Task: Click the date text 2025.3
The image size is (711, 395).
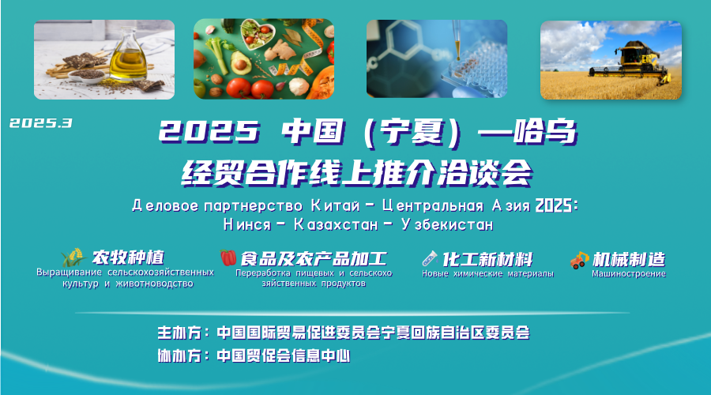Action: [41, 123]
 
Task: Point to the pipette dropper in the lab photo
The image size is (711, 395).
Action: [457, 41]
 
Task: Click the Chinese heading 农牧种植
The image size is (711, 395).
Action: [128, 258]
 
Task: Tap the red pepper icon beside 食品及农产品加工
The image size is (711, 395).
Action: [228, 258]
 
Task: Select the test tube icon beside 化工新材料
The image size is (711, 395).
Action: [430, 259]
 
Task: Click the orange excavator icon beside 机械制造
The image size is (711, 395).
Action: [579, 260]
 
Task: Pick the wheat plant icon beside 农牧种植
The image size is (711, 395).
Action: [73, 257]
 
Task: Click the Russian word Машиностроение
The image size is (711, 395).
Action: [629, 273]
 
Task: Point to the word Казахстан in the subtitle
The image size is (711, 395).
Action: [336, 224]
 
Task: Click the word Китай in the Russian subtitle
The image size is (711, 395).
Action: [335, 206]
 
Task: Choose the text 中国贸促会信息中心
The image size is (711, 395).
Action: [284, 355]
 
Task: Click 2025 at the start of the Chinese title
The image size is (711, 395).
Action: [209, 132]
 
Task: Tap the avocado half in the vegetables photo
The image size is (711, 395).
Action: [241, 63]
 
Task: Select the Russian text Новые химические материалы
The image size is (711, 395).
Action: [488, 273]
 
